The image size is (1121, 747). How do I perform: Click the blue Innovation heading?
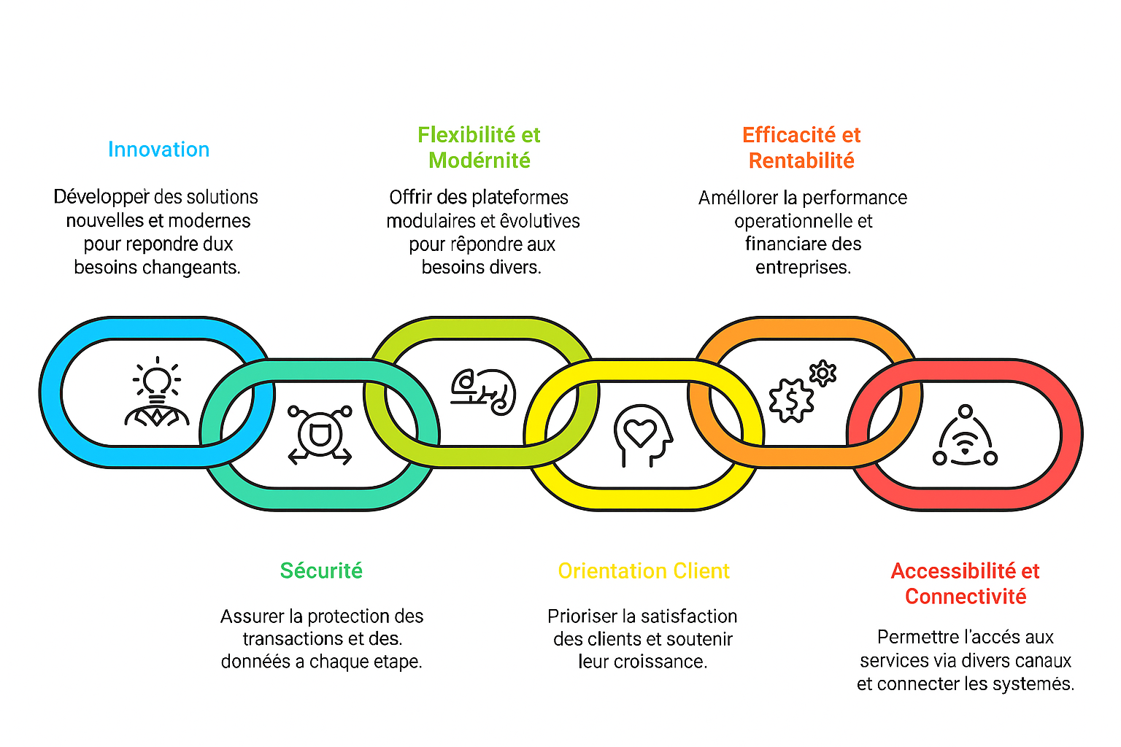(x=158, y=150)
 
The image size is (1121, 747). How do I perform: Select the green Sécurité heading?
(x=321, y=570)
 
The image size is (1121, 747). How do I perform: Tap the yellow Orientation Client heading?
(x=643, y=570)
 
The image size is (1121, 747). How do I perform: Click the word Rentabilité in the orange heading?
(x=801, y=160)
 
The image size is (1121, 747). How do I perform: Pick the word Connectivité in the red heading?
(x=966, y=597)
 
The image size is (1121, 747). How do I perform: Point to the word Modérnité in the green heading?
(x=479, y=160)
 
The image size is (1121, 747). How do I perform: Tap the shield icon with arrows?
(x=320, y=435)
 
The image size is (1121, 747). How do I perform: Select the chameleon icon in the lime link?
(x=482, y=392)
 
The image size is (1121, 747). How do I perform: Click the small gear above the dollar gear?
(x=823, y=373)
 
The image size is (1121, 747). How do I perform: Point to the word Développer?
(x=101, y=197)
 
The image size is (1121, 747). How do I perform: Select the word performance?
(x=855, y=198)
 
